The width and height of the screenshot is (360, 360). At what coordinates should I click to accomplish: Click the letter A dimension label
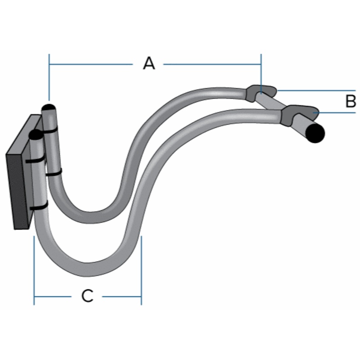(149, 64)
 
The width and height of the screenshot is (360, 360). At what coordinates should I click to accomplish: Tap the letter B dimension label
(351, 101)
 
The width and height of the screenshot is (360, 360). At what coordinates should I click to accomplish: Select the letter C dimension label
(87, 296)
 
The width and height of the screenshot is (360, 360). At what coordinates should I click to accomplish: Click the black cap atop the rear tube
(48, 108)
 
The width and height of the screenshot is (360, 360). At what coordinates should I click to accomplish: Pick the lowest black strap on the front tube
(39, 208)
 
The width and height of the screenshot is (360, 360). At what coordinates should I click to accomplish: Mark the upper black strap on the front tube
(35, 160)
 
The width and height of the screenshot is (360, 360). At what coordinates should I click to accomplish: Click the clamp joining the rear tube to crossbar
(260, 92)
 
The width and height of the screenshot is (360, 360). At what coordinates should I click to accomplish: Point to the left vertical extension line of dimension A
(49, 76)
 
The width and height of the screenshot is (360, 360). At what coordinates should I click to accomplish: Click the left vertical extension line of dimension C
(34, 270)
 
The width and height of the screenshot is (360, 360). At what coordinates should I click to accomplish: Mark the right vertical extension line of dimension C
(141, 270)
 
